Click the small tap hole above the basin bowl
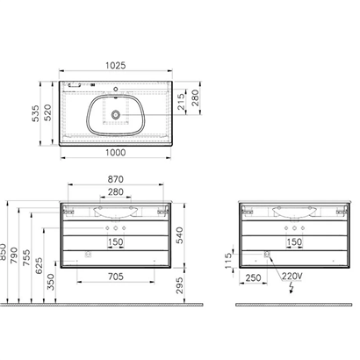pyautogui.click(x=116, y=90)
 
